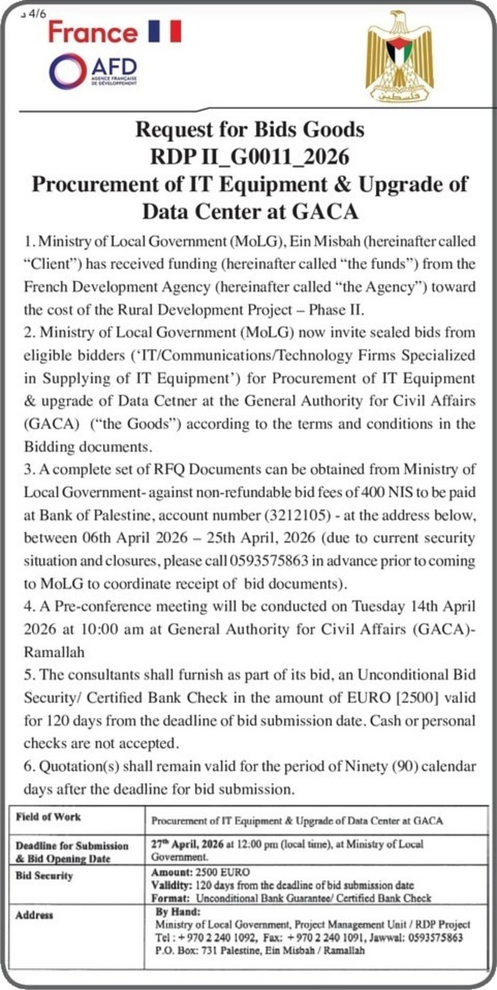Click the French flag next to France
pos(165,32)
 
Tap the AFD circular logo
pos(68,72)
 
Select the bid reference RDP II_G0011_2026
pos(250,157)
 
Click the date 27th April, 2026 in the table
pos(192,844)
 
